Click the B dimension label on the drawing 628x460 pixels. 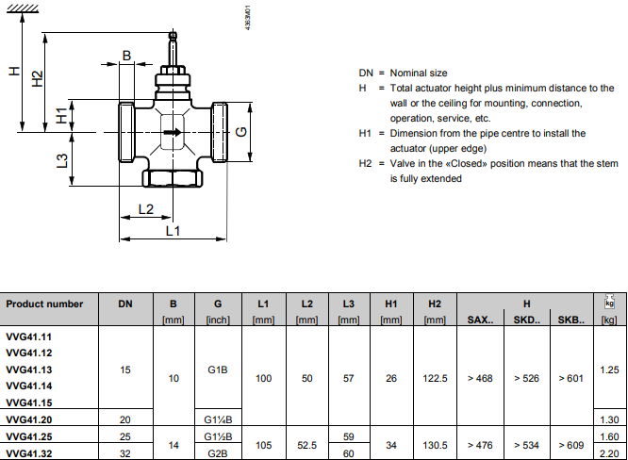pos(126,56)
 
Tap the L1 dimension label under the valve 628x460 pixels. pos(173,231)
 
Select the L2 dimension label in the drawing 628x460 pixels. pos(146,209)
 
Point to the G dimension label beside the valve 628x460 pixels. pos(241,131)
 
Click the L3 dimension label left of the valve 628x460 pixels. pos(62,161)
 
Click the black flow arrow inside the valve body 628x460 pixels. pos(173,132)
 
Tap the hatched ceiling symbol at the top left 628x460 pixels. pos(23,8)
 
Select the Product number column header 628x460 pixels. pos(44,304)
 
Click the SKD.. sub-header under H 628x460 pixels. pos(527,320)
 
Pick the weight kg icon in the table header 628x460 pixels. pos(609,302)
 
